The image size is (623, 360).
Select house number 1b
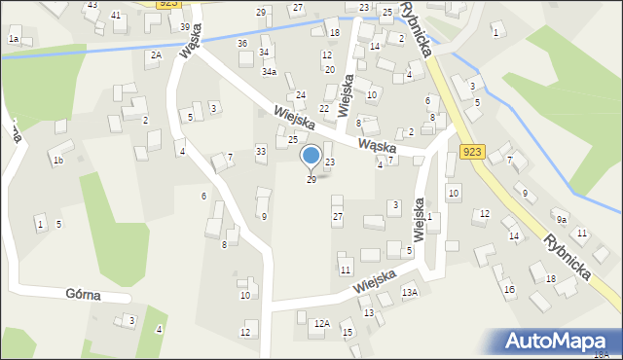pos(58,161)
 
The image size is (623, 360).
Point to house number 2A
pos(155,55)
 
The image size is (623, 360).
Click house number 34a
pos(269,72)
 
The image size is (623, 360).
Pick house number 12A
pos(321,323)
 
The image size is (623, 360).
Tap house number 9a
pos(562,220)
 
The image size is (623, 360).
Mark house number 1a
pos(14,39)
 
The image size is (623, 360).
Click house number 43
pos(92,5)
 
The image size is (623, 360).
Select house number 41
pos(116,16)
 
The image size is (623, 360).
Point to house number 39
pos(185,26)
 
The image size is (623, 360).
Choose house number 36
pos(241,44)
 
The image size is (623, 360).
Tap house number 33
pos(261,151)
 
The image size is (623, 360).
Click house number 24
pos(301,94)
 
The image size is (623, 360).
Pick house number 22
pos(324,108)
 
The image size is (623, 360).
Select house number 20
pos(329,70)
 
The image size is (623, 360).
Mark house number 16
pos(509,290)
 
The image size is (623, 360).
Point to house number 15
pos(347,333)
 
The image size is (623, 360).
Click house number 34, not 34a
pos(264,52)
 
